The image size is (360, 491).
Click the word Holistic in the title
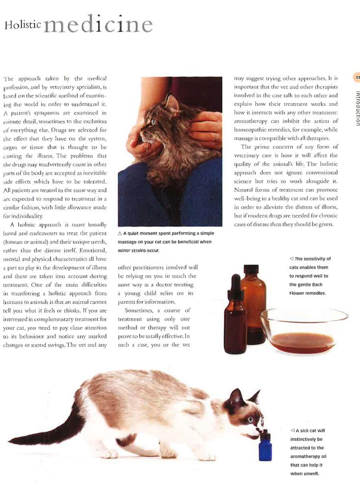click(23, 25)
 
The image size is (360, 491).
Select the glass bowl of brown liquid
click(304, 330)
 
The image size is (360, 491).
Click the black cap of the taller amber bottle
click(251, 269)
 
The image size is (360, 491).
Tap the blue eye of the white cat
click(250, 419)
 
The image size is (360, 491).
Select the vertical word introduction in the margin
click(357, 109)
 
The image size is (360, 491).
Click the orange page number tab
click(357, 77)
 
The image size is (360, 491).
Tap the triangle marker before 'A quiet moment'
click(120, 233)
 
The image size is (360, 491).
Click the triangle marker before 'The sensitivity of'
click(291, 259)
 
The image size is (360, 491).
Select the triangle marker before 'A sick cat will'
click(292, 431)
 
